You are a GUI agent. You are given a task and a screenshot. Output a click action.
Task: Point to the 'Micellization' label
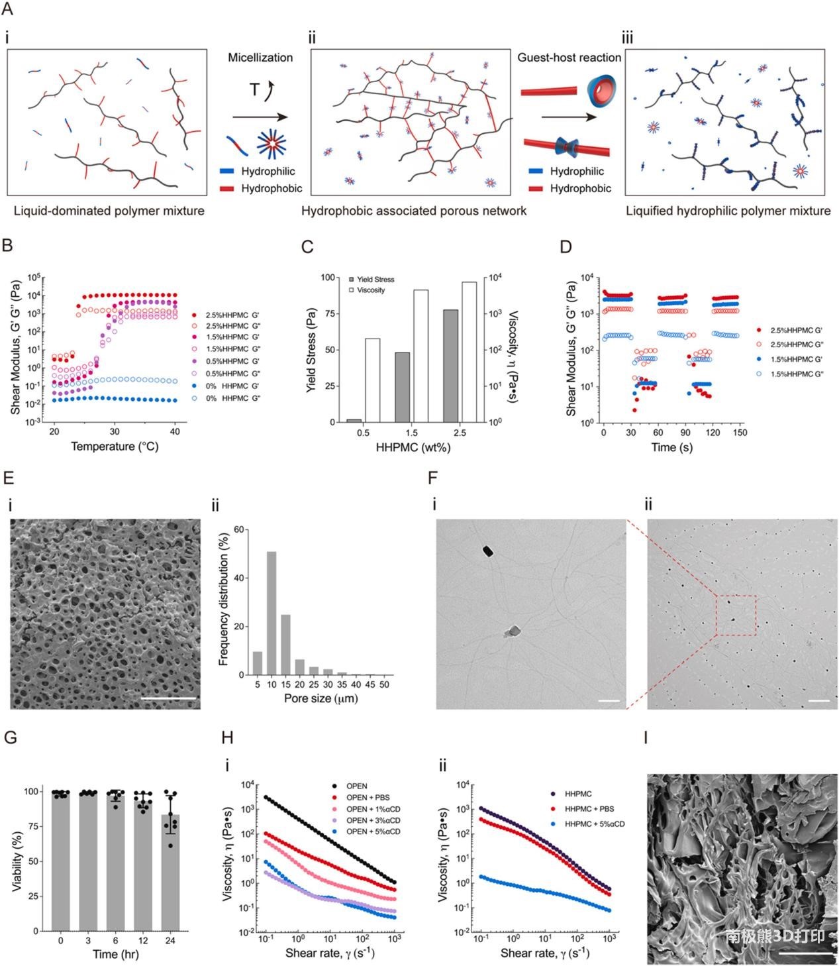(260, 58)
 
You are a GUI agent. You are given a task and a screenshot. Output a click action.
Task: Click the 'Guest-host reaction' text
(569, 58)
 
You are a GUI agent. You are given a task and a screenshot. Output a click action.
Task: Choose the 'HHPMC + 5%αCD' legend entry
(594, 824)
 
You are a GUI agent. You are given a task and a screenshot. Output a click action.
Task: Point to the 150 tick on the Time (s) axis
(740, 433)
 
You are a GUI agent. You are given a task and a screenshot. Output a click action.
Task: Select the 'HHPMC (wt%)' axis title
(413, 447)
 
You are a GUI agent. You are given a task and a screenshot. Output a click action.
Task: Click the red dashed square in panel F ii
(736, 616)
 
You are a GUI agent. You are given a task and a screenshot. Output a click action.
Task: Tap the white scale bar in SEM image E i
(170, 698)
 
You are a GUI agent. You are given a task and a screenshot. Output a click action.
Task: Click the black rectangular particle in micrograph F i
(489, 551)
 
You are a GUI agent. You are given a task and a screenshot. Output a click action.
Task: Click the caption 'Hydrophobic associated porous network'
(414, 211)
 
